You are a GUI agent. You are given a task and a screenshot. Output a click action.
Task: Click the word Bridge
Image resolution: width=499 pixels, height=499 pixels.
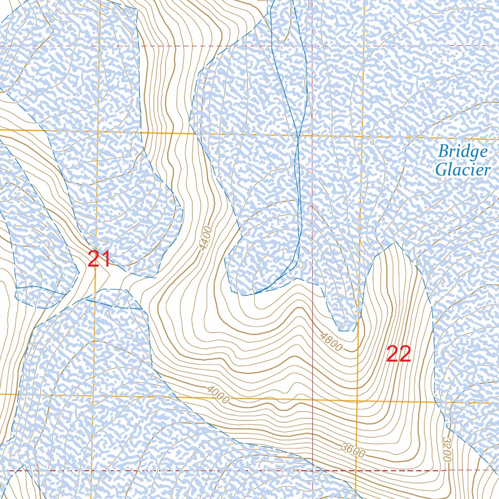click(462, 152)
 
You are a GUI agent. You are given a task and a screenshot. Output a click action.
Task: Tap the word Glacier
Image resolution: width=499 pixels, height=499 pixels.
click(462, 170)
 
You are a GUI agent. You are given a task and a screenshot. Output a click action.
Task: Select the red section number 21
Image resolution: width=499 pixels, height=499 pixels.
click(99, 259)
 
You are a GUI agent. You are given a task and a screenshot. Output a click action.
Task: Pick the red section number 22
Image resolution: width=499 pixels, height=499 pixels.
click(399, 354)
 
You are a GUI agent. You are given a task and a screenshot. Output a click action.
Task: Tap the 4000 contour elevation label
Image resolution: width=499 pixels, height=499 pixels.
click(217, 395)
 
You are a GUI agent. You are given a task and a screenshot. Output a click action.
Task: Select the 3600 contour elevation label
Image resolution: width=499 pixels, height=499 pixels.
click(353, 450)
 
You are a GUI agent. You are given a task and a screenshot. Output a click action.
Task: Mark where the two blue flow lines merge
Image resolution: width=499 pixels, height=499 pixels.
click(297, 139)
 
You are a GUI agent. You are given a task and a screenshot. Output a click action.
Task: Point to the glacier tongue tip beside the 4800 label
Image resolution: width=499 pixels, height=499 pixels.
click(346, 331)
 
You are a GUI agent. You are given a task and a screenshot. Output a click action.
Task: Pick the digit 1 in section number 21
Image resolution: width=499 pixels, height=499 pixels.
click(106, 259)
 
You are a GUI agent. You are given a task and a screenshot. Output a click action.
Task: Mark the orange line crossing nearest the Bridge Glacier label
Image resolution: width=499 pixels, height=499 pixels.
click(364, 136)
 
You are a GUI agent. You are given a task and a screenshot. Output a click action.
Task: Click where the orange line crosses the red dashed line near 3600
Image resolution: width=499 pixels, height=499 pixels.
click(356, 471)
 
